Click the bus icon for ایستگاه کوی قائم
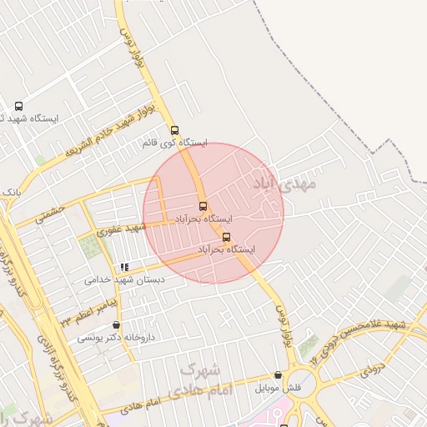(174, 130)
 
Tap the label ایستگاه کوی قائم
(174, 143)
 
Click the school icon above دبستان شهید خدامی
(125, 267)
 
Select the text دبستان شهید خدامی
(124, 280)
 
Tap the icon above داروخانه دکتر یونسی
(116, 325)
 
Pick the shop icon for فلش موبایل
(278, 376)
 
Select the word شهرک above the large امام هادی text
(199, 369)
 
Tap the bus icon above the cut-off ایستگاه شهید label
(19, 106)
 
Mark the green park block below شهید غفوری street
(90, 247)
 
